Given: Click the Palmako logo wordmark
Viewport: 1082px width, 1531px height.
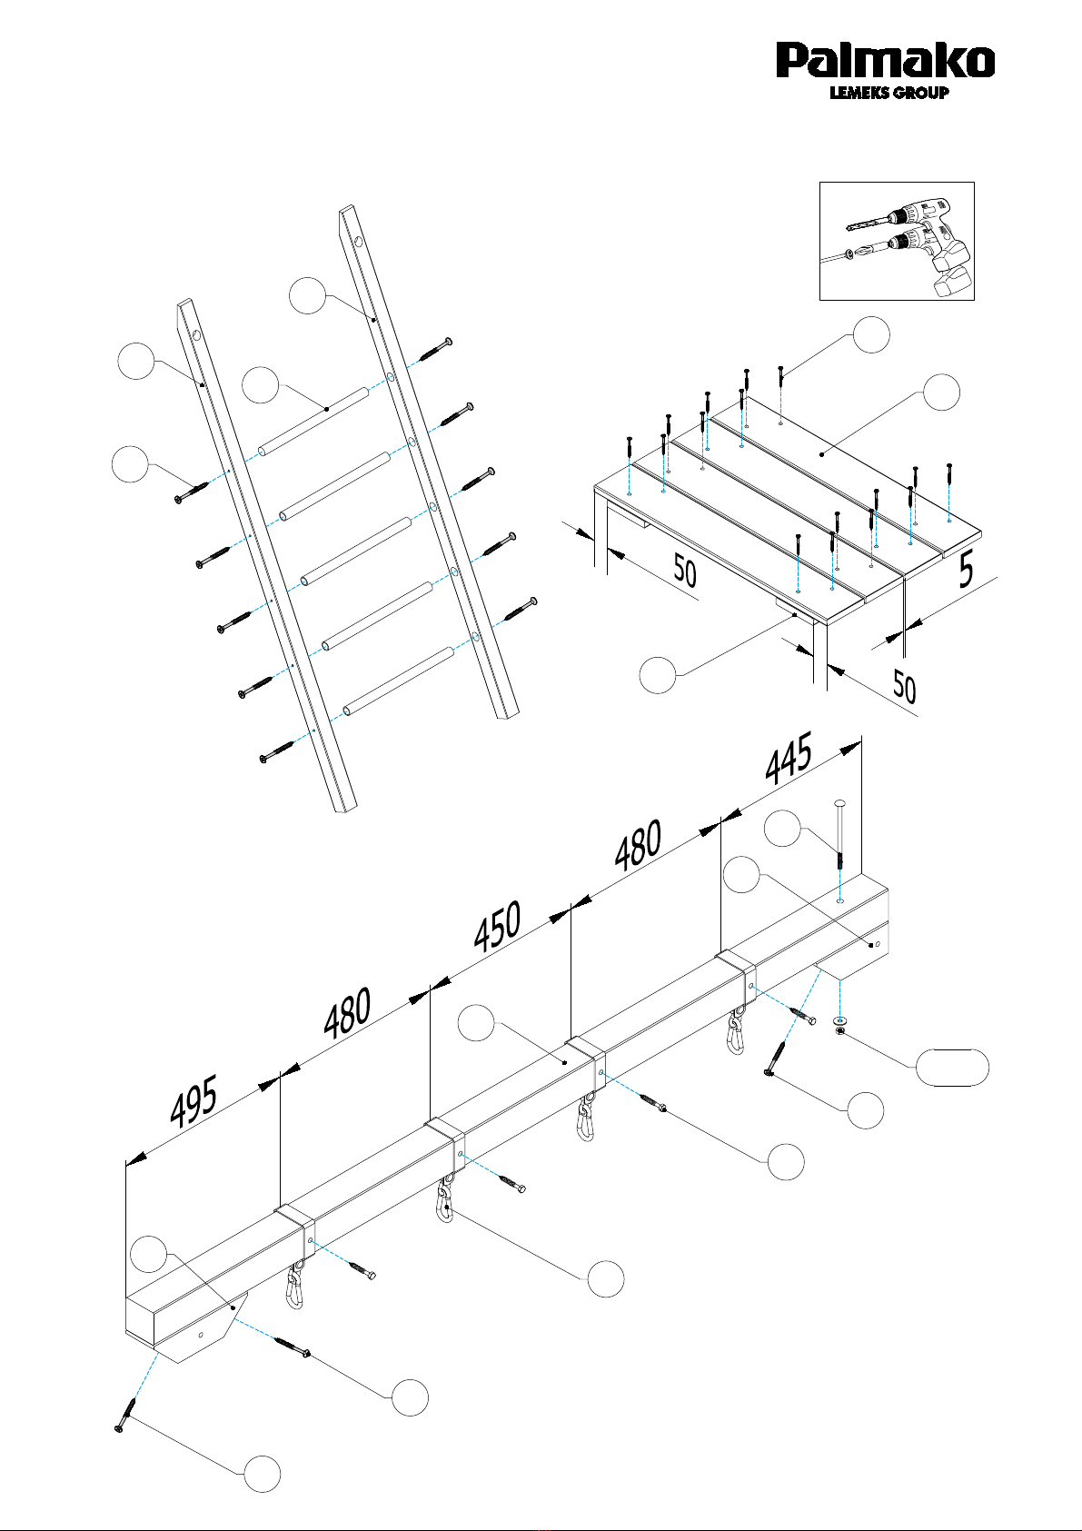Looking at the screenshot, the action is coord(885,61).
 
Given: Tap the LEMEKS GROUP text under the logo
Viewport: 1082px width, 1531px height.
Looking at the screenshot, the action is coord(888,93).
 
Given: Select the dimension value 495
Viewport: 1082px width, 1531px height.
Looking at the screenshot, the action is coord(194,1102).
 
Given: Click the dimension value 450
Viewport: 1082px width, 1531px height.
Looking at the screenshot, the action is coord(498,927).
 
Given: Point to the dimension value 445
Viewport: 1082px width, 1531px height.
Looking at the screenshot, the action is coord(789,758).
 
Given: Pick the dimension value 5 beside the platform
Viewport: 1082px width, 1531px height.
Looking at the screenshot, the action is coord(965,570).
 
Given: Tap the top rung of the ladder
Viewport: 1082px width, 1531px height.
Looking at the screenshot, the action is coord(313,421).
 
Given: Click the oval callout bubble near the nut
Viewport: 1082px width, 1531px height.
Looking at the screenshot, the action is coord(952,1068).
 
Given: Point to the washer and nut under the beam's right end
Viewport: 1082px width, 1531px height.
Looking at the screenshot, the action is coord(840,1025).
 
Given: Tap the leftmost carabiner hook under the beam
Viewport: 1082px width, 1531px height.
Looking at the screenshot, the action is coord(295,1287).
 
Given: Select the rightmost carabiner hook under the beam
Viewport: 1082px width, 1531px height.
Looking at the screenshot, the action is coord(737,1033).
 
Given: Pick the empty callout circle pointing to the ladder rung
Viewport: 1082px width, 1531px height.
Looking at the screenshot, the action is coord(261,385).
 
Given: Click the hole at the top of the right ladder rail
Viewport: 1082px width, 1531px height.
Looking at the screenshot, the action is coord(358,241).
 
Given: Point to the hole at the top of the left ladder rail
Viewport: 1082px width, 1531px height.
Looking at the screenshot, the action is coord(196,335).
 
